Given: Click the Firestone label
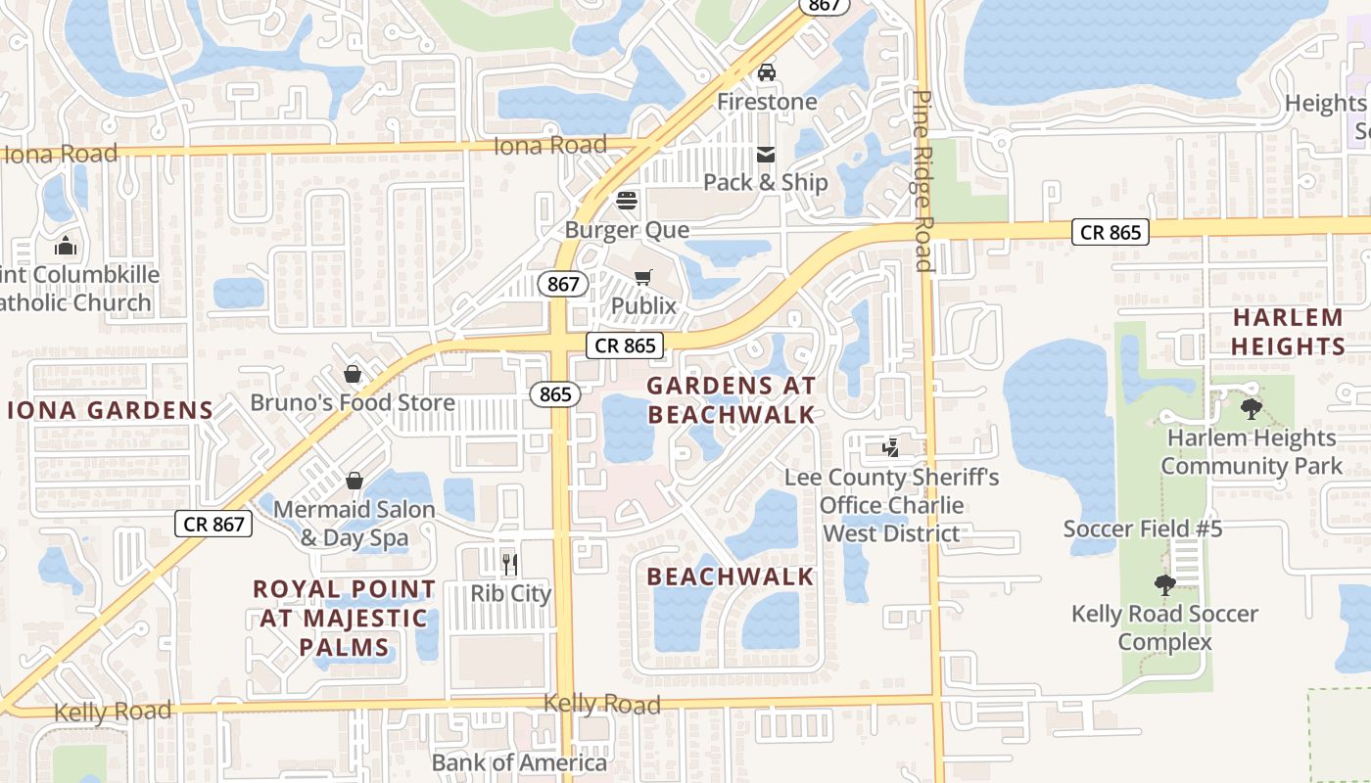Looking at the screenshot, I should click(x=767, y=102).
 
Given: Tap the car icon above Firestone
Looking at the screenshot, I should click(x=767, y=72).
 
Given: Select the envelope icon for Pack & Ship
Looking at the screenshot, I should click(x=766, y=155).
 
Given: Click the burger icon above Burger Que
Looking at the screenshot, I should click(x=627, y=201).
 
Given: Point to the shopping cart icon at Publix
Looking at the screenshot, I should click(x=643, y=278).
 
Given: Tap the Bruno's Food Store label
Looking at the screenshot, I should click(x=353, y=402).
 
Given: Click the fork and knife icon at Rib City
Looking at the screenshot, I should click(x=510, y=564).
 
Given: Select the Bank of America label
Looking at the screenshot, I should click(x=519, y=762).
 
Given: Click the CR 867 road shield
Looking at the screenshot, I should click(x=214, y=524).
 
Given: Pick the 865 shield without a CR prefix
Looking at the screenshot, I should click(x=555, y=393).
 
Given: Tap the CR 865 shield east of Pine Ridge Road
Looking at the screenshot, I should click(x=1111, y=232).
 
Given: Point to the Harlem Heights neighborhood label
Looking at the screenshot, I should click(x=1288, y=332).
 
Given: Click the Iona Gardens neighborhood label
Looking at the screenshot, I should click(x=111, y=410).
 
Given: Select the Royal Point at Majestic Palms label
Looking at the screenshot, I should click(x=345, y=618).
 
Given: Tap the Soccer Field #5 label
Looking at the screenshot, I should click(x=1143, y=530).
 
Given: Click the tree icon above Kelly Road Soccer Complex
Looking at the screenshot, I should click(x=1164, y=585).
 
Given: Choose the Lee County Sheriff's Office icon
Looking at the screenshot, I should click(x=891, y=448).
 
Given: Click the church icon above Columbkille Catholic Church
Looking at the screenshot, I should click(x=66, y=245).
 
